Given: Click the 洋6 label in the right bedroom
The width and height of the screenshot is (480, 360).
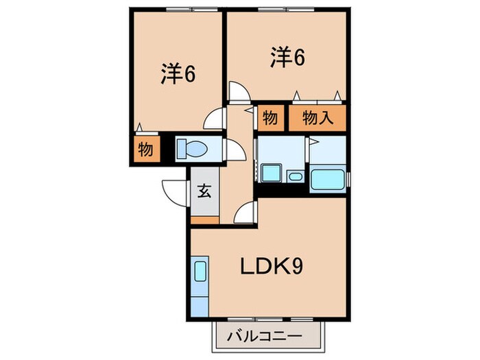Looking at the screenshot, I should [287, 58].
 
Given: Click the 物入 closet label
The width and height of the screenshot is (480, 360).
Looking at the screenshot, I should [317, 118].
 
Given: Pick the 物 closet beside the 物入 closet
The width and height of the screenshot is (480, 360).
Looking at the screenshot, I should [269, 118].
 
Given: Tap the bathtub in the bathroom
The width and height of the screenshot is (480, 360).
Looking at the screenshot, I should [328, 180].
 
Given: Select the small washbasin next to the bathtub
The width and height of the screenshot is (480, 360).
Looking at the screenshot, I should [295, 177].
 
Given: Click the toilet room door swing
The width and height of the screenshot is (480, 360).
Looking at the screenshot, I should [234, 150].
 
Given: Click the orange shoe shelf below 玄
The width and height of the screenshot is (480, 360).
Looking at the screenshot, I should [204, 220].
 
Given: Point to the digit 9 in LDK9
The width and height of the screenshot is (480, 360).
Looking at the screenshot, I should [297, 266].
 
